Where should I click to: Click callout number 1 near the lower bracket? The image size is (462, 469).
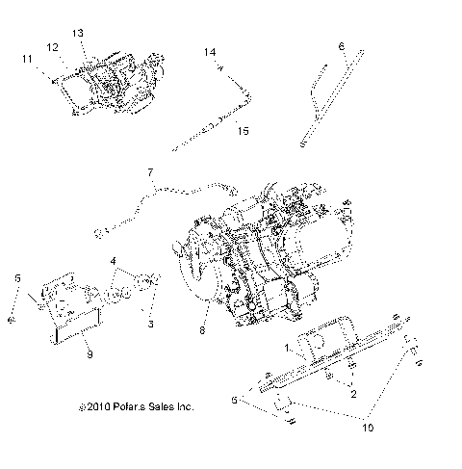coord(288,344)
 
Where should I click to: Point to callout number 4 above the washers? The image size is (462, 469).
coord(114,260)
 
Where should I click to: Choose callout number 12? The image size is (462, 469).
coord(54,45)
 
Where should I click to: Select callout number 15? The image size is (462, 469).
coord(243,130)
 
